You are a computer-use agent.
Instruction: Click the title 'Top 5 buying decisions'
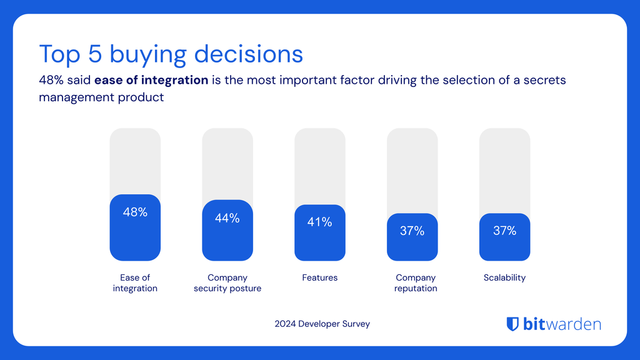pyautogui.click(x=170, y=51)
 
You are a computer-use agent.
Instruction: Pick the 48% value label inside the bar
pyautogui.click(x=135, y=212)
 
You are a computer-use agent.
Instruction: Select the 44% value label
pyautogui.click(x=227, y=218)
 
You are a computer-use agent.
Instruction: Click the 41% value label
pyautogui.click(x=319, y=222)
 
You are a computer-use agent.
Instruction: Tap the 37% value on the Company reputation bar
pyautogui.click(x=412, y=231)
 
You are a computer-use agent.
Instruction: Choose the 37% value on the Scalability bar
pyautogui.click(x=504, y=231)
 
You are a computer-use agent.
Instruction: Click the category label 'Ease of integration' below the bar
pyautogui.click(x=135, y=283)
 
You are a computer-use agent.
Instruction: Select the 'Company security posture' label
pyautogui.click(x=227, y=283)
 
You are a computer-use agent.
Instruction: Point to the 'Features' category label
pyautogui.click(x=319, y=277)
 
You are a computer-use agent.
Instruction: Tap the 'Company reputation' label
pyautogui.click(x=412, y=283)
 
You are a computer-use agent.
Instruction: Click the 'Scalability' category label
pyautogui.click(x=504, y=277)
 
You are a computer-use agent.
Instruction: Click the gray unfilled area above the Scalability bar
pyautogui.click(x=504, y=170)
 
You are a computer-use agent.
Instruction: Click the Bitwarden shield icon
pyautogui.click(x=513, y=323)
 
